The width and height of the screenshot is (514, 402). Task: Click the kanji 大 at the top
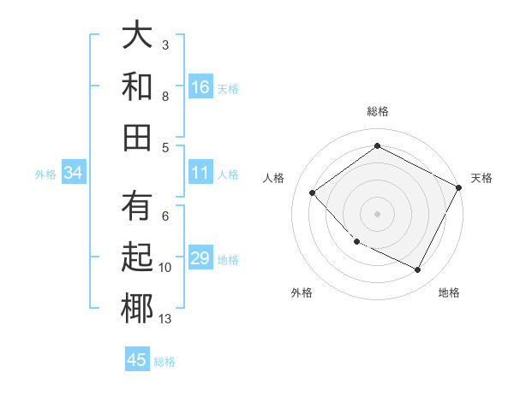click(137, 36)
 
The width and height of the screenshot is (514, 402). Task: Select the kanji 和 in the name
click(137, 86)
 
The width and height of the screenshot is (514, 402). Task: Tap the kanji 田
click(137, 136)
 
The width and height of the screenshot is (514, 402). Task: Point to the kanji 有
click(137, 207)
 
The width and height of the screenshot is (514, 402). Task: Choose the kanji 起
click(137, 257)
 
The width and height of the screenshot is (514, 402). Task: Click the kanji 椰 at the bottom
click(137, 308)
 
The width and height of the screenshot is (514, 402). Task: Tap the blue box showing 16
click(200, 86)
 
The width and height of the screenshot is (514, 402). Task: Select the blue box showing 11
click(200, 174)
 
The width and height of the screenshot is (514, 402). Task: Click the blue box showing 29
click(200, 259)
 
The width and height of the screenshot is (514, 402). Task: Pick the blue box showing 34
click(74, 174)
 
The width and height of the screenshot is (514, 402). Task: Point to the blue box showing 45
click(137, 360)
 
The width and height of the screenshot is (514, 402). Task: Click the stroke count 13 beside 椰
click(165, 319)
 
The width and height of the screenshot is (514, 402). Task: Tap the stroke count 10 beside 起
click(165, 268)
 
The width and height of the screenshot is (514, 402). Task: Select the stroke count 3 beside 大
click(165, 44)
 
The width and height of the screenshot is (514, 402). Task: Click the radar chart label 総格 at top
click(378, 111)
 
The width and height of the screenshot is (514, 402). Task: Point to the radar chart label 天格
click(481, 178)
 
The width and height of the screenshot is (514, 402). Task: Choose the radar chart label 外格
click(302, 293)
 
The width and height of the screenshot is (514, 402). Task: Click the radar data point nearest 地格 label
click(418, 270)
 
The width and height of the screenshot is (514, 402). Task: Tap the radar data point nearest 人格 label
click(313, 193)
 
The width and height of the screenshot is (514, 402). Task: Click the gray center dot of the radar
click(377, 214)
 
